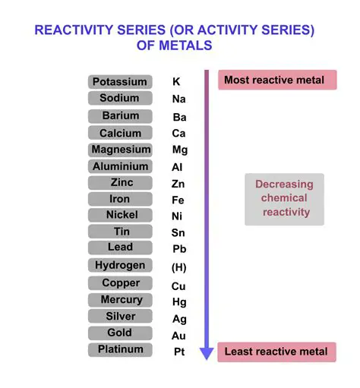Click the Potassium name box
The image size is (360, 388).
(x=119, y=81)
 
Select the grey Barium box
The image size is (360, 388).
(x=120, y=116)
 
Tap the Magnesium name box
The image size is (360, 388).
(x=120, y=150)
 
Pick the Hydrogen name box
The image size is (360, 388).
(x=120, y=266)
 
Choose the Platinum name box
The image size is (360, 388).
(x=120, y=350)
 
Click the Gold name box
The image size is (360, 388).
(x=120, y=333)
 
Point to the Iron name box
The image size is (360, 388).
(x=120, y=199)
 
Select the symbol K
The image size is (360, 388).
(x=177, y=81)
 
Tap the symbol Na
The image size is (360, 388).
(x=179, y=99)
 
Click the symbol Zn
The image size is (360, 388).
(x=178, y=184)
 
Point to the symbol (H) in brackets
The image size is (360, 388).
(x=179, y=267)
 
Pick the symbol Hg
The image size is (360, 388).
(x=179, y=301)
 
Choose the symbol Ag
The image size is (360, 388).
(x=179, y=319)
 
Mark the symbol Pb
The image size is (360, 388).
(x=179, y=249)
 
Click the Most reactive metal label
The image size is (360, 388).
(x=276, y=80)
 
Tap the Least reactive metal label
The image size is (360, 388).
(x=276, y=352)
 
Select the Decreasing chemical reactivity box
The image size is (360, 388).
(x=283, y=199)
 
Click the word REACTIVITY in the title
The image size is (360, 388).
(x=78, y=30)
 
